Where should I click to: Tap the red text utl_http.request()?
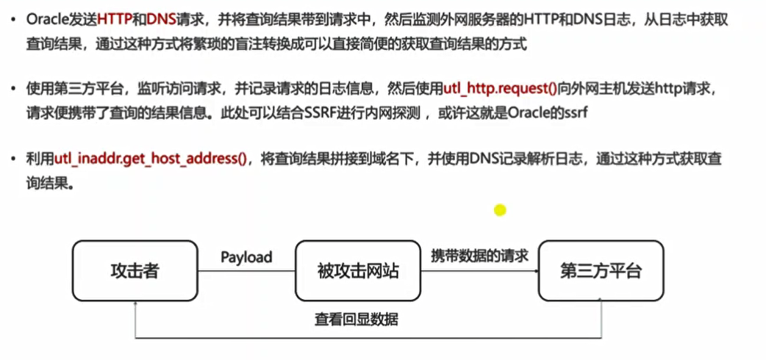501,90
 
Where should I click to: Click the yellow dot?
500,210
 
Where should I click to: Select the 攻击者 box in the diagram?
134,271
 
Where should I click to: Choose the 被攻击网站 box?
358,271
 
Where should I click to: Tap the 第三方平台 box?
600,271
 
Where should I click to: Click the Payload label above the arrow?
246,257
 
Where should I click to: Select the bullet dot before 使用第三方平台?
15,90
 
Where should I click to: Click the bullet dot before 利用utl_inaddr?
15,159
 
